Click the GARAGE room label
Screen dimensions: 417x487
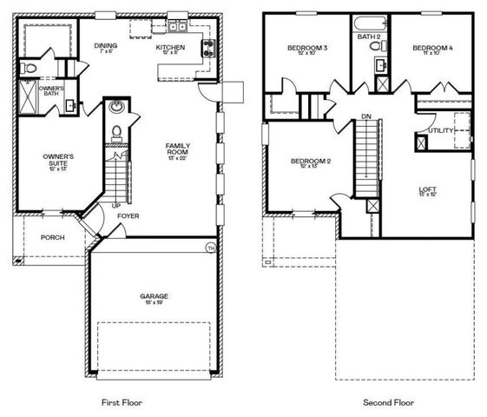coord(155,296)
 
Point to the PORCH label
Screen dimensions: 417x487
coord(52,237)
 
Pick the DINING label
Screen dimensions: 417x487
coord(106,47)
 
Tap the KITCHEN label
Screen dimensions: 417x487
coord(170,48)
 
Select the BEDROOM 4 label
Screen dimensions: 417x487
coord(431,48)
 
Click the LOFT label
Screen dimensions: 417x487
coord(428,189)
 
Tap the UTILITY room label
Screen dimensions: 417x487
coord(441,130)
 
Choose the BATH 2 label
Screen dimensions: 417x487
coord(371,36)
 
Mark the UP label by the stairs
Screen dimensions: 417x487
coord(115,206)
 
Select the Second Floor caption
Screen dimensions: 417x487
coord(387,402)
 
